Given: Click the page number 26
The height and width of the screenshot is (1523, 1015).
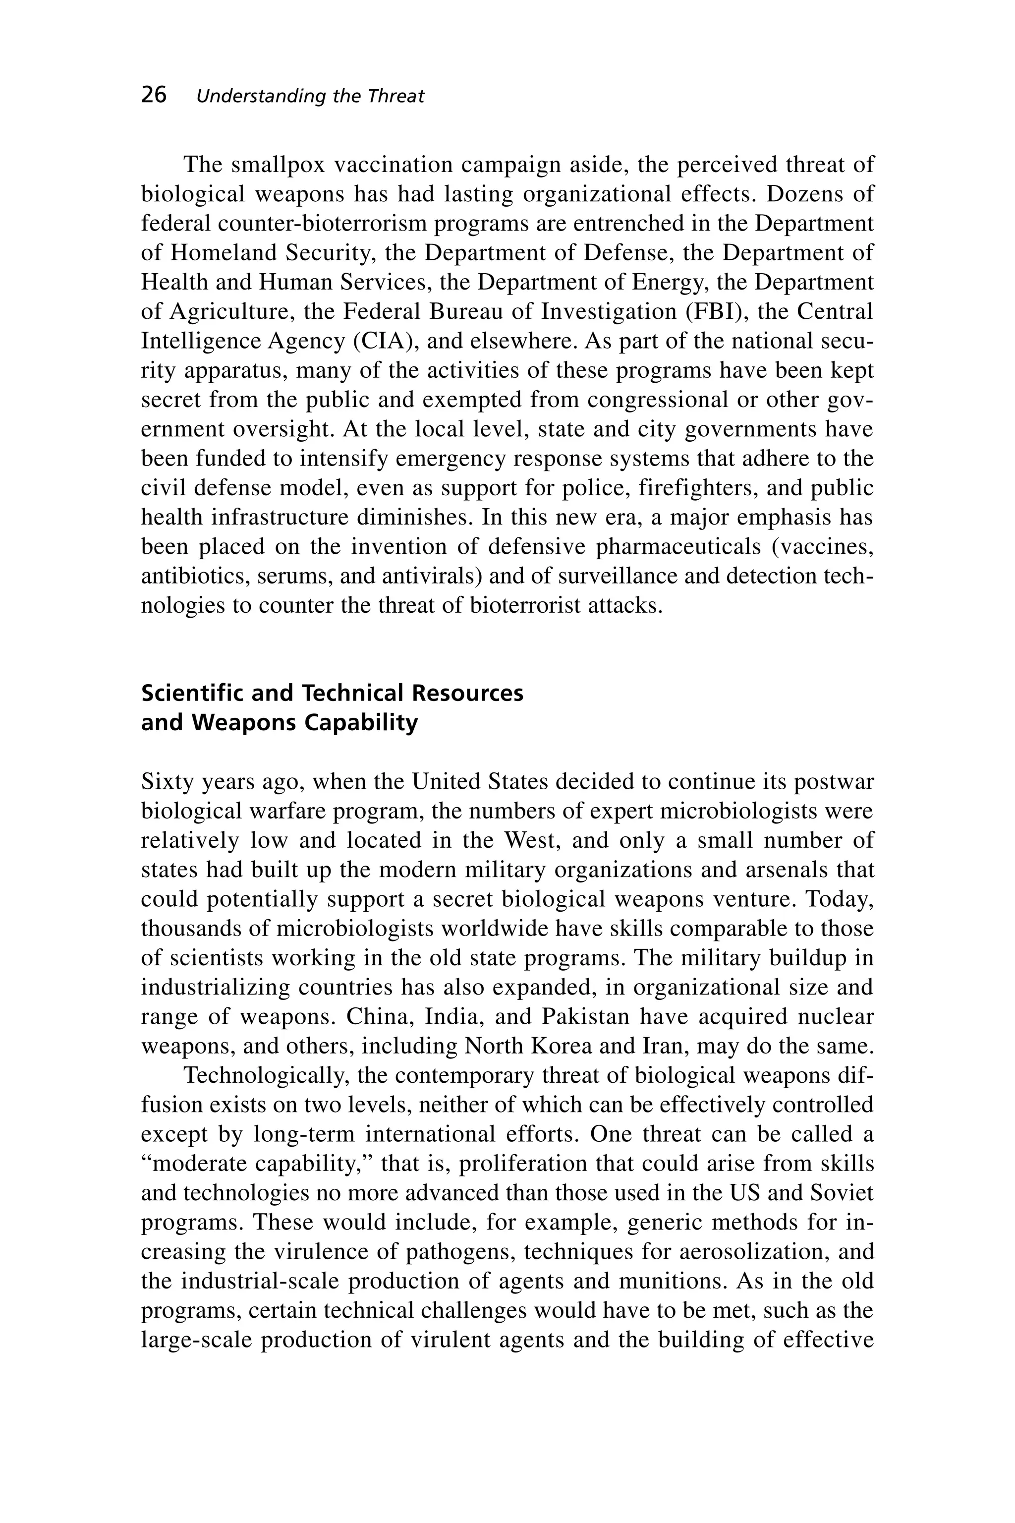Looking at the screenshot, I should pos(154,95).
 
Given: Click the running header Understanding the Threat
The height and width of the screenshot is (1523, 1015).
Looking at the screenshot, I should pos(310,97).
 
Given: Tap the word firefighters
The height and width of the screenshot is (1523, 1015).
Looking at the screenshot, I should pos(698,488).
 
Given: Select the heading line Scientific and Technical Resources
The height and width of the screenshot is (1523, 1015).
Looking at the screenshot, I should pos(332,693).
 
